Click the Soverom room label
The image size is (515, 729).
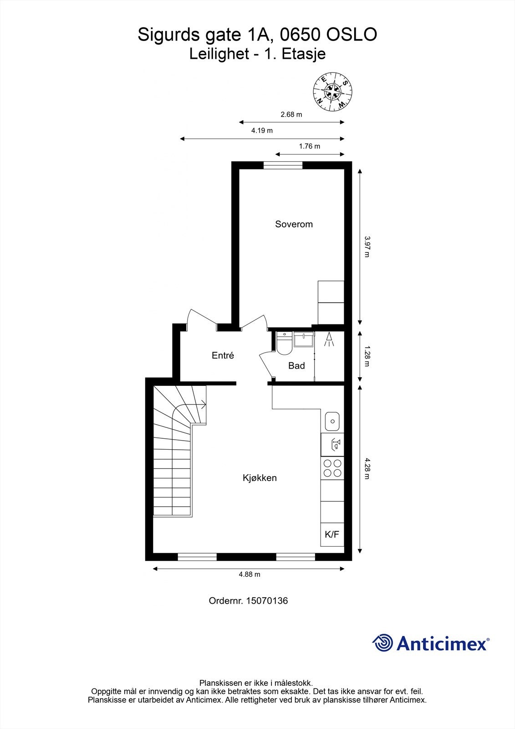(294, 224)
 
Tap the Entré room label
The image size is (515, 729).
(223, 355)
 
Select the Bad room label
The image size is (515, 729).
(296, 365)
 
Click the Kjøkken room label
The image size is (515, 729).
(260, 478)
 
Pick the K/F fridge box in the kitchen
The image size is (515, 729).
(332, 534)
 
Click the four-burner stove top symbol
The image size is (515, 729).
(332, 468)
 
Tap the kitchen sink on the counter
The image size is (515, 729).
(332, 421)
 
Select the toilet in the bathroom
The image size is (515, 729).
(284, 344)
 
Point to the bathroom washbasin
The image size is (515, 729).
(303, 339)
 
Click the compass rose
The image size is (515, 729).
(333, 92)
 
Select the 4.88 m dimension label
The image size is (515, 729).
(250, 575)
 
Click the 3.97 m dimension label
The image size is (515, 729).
(367, 246)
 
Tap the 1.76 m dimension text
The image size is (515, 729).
(309, 146)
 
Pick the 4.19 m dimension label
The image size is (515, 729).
(262, 131)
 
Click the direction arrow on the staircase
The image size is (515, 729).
(202, 404)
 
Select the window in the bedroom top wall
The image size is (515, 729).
(283, 165)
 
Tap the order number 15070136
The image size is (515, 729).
(267, 601)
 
